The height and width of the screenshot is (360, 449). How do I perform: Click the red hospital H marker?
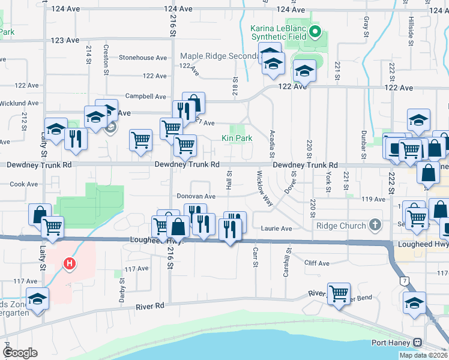[70, 263]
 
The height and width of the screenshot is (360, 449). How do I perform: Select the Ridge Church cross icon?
[375, 226]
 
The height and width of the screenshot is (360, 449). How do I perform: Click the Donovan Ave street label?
[196, 196]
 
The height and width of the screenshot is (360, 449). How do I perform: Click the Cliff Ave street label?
[317, 263]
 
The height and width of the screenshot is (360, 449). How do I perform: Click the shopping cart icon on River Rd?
[339, 293]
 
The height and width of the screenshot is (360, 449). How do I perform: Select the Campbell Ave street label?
[145, 96]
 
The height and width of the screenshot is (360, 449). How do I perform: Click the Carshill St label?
[287, 262]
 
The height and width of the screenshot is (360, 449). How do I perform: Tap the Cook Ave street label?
[24, 184]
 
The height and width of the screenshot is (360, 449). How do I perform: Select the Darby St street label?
[122, 284]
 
